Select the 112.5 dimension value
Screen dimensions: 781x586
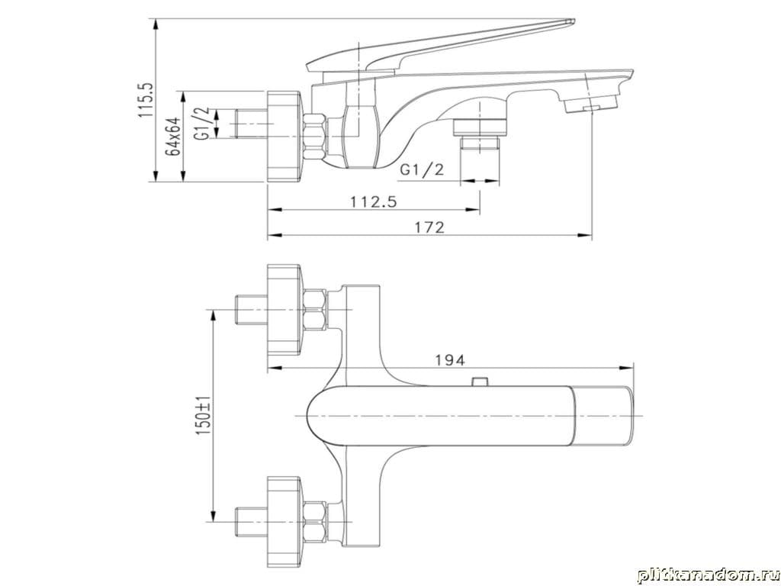point(373,201)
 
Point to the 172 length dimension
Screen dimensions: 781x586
point(429,227)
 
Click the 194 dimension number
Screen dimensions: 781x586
point(450,360)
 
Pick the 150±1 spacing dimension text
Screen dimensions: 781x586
point(204,416)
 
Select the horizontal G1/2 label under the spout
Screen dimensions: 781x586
point(421,170)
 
